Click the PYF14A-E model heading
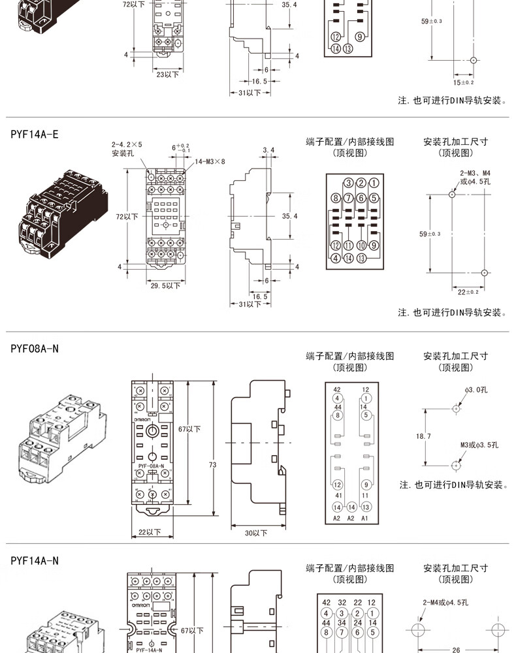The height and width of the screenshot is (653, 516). [x=35, y=135]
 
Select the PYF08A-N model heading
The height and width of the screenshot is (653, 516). [x=35, y=349]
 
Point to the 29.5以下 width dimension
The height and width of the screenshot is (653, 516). [x=165, y=285]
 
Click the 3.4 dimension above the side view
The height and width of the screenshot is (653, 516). [x=268, y=151]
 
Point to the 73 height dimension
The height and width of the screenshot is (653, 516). [x=212, y=464]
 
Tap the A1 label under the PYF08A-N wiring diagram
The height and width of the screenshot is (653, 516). [x=365, y=518]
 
